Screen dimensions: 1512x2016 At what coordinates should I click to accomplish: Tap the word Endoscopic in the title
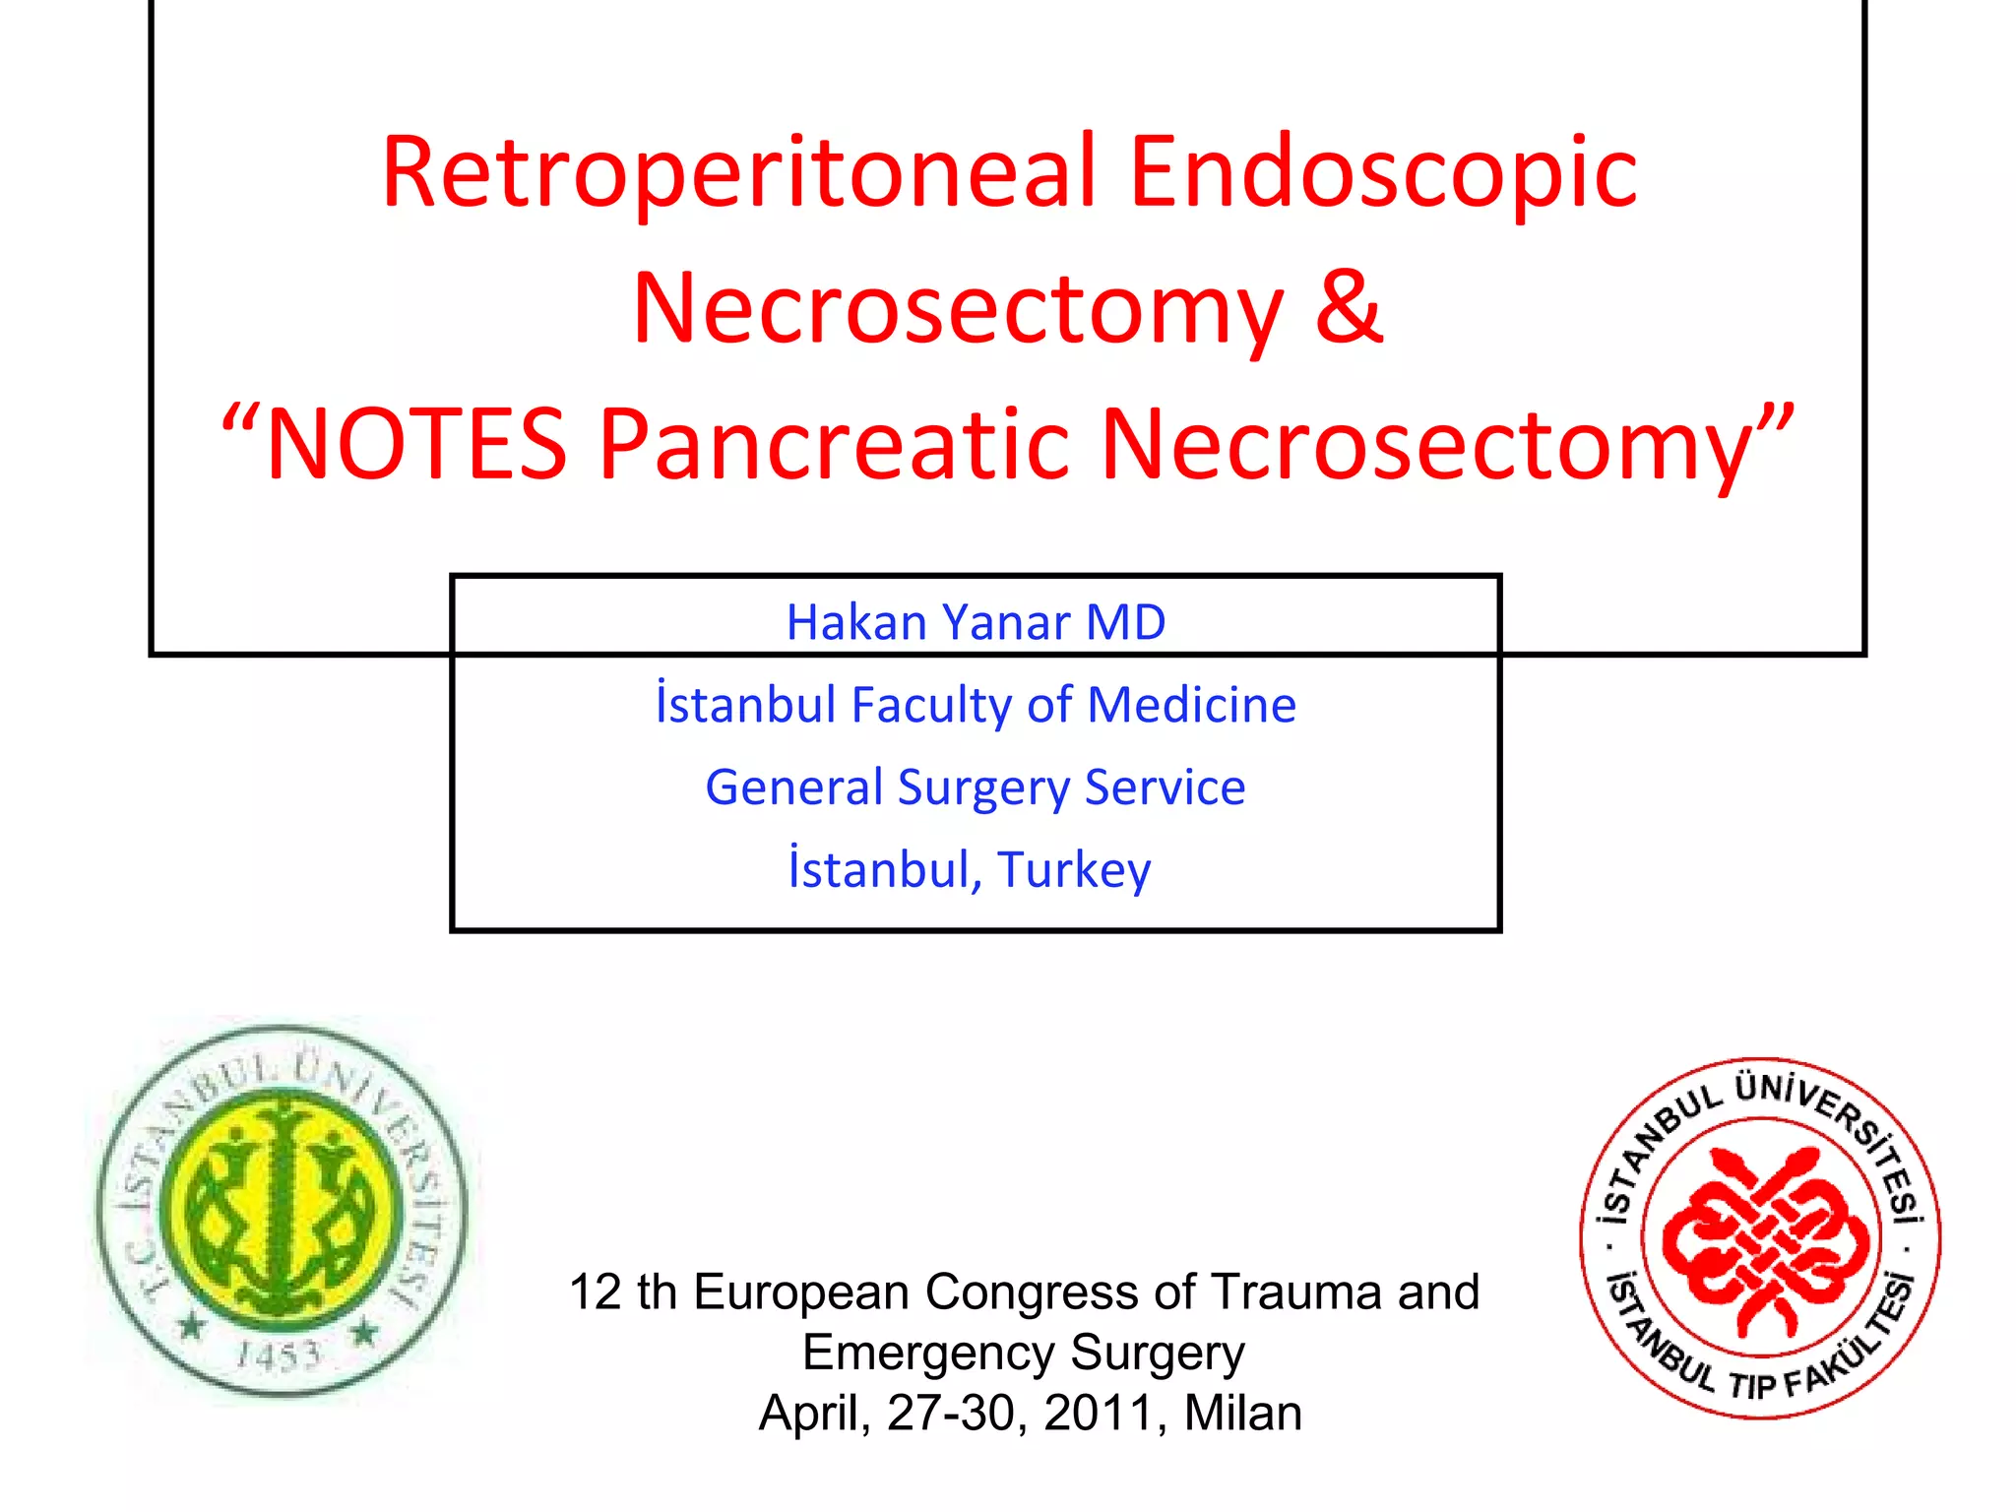point(1383,173)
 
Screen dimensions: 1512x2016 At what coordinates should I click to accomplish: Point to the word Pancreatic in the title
point(835,445)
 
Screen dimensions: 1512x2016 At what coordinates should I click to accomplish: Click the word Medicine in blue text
point(1192,705)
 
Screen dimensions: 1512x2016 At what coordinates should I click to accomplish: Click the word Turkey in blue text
point(1074,870)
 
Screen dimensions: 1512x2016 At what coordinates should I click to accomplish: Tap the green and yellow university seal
point(283,1210)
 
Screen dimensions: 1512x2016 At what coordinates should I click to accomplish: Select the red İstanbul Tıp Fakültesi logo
point(1760,1238)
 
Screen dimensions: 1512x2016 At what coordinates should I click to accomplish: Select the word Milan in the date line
point(1242,1413)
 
